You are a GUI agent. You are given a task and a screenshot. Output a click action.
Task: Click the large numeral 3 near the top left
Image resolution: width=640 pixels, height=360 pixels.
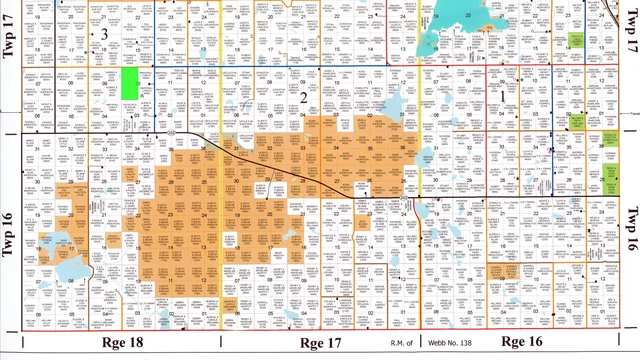[104, 34]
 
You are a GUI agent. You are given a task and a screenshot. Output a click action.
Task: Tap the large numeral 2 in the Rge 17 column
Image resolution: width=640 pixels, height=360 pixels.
[303, 95]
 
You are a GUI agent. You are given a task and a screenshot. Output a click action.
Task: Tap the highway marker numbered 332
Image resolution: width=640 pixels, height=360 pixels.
[174, 131]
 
